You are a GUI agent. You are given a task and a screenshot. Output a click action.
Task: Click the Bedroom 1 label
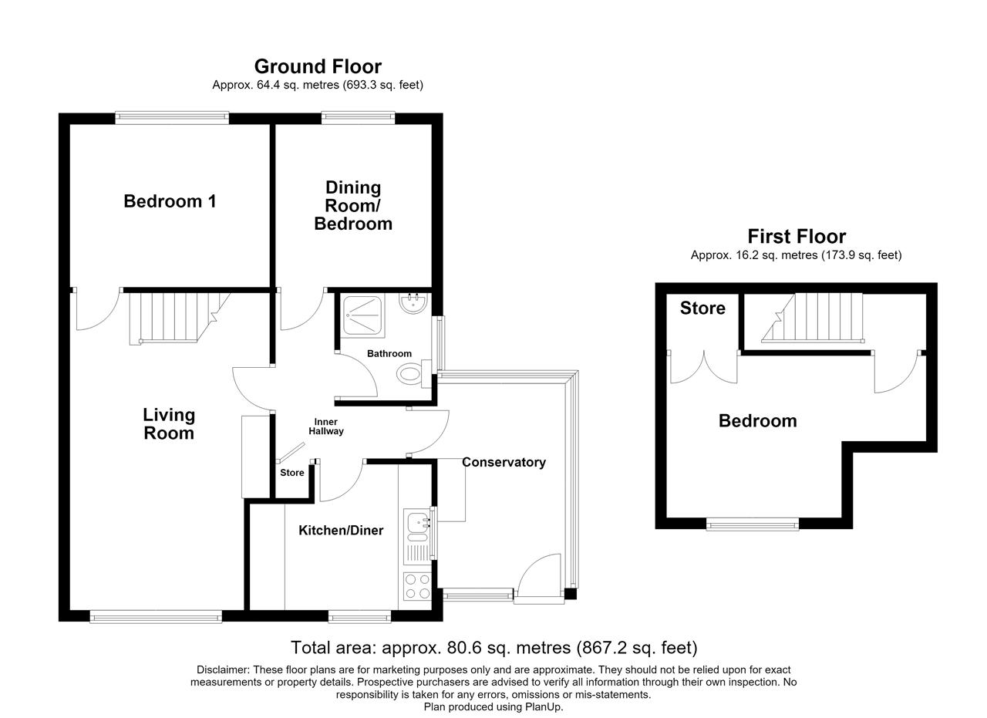pyautogui.click(x=170, y=201)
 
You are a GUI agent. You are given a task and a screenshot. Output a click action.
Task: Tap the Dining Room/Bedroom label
pyautogui.click(x=353, y=206)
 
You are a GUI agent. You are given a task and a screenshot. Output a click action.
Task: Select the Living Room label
pyautogui.click(x=169, y=424)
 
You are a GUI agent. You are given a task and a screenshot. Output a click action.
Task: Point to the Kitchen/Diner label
pyautogui.click(x=341, y=531)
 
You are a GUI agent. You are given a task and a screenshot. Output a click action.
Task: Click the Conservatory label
pyautogui.click(x=504, y=463)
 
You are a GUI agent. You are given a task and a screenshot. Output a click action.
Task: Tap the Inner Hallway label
pyautogui.click(x=326, y=426)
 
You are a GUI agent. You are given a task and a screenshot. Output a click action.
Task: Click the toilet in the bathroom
pyautogui.click(x=414, y=374)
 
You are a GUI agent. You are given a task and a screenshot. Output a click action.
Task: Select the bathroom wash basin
pyautogui.click(x=413, y=303)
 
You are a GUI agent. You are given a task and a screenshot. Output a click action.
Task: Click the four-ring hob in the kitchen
pyautogui.click(x=417, y=587)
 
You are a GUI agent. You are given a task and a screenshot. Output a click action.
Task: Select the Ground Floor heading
pyautogui.click(x=318, y=66)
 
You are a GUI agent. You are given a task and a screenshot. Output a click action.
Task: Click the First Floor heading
pyautogui.click(x=797, y=237)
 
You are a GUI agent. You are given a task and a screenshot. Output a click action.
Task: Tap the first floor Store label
pyautogui.click(x=702, y=308)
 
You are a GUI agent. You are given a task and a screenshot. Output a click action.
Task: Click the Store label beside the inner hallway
pyautogui.click(x=292, y=473)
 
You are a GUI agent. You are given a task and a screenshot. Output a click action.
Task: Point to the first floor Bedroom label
pyautogui.click(x=758, y=421)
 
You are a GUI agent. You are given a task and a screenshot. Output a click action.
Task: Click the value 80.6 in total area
pyautogui.click(x=462, y=648)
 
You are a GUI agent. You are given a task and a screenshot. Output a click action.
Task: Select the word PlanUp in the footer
pyautogui.click(x=544, y=707)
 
